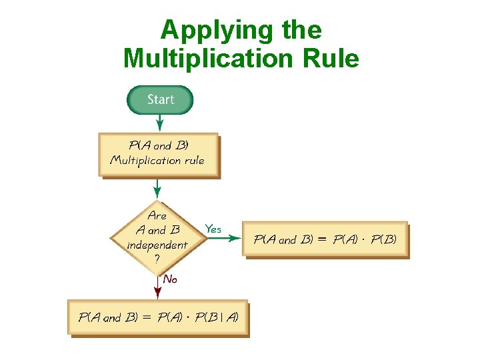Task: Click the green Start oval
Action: click(x=160, y=100)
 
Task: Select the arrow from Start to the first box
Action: click(x=160, y=123)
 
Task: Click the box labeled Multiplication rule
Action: click(x=158, y=154)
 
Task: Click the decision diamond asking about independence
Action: click(x=157, y=237)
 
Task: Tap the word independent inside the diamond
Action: click(x=157, y=245)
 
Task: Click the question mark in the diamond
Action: click(x=157, y=259)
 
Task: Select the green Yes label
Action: click(x=213, y=229)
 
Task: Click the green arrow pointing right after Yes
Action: click(x=223, y=238)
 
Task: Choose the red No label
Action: click(x=170, y=279)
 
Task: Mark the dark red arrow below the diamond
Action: click(x=158, y=286)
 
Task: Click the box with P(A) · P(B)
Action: click(x=325, y=239)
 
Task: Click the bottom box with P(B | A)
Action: click(x=158, y=317)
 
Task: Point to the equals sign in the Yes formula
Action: click(x=322, y=239)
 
